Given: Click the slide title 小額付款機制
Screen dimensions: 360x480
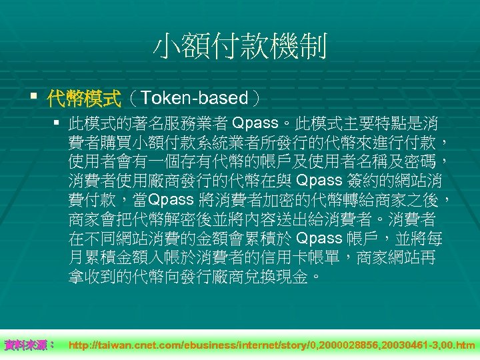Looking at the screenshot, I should click(240, 47).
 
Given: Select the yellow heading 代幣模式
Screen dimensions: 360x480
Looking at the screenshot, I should click(83, 99).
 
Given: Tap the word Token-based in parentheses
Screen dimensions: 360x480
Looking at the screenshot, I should click(195, 99).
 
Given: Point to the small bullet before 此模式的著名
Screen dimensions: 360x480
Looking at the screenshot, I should click(57, 124).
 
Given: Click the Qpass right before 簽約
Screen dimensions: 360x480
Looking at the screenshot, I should click(319, 181).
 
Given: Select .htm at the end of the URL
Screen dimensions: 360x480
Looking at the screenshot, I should click(464, 345).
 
